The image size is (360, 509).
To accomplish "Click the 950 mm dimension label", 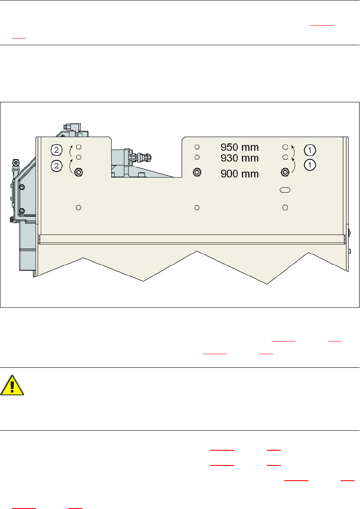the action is (239, 148).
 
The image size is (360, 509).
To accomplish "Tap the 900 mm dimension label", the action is (239, 173).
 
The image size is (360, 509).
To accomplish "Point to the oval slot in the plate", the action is (285, 191).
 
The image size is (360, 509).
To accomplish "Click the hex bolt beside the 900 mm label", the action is (197, 172).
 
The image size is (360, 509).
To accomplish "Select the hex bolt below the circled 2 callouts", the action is (78, 172).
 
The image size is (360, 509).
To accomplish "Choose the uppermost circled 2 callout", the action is (56, 149).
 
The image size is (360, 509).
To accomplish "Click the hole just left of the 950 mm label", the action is (197, 147).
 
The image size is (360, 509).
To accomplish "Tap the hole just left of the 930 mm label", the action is (197, 157).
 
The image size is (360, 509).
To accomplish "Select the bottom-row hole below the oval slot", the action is (285, 207).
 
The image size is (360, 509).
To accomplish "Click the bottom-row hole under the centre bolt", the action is (197, 207).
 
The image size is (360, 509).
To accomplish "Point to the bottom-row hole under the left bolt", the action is (78, 207).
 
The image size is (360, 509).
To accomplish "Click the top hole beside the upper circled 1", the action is (285, 147).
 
